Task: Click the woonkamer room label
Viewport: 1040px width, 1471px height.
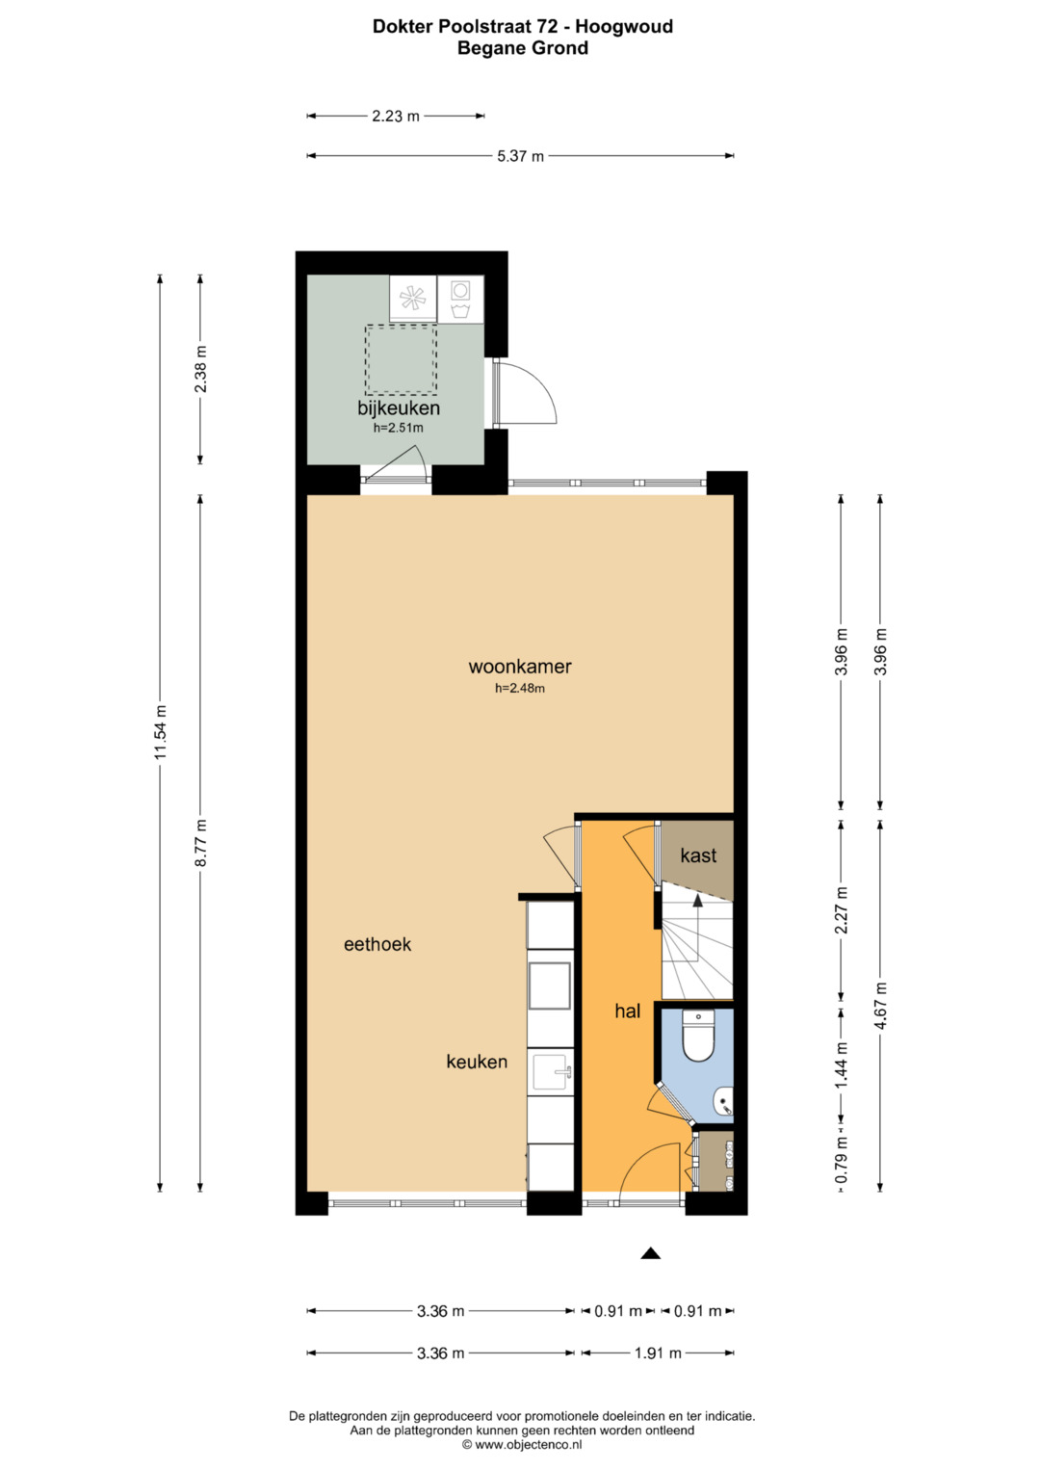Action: pyautogui.click(x=520, y=667)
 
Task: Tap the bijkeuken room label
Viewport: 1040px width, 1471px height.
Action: pyautogui.click(x=399, y=408)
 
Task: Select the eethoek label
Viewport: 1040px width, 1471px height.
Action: pyautogui.click(x=377, y=944)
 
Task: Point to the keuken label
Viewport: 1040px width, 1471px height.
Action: pyautogui.click(x=477, y=1062)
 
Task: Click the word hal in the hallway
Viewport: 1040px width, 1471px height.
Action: pyautogui.click(x=627, y=1011)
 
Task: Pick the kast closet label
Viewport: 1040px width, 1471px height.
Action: pyautogui.click(x=698, y=855)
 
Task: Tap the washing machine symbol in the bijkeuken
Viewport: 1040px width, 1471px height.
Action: pyautogui.click(x=460, y=299)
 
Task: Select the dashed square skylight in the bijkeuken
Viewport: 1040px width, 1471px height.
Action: pyautogui.click(x=402, y=359)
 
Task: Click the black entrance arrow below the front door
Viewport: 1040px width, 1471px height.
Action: pyautogui.click(x=651, y=1253)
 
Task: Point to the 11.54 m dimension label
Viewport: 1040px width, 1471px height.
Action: pyautogui.click(x=161, y=732)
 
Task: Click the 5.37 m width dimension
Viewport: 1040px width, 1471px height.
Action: pyautogui.click(x=520, y=156)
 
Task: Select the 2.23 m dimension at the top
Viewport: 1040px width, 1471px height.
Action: pyautogui.click(x=396, y=117)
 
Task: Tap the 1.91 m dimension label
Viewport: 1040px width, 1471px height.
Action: pyautogui.click(x=658, y=1353)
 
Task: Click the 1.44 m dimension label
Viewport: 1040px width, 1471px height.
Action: pyautogui.click(x=842, y=1064)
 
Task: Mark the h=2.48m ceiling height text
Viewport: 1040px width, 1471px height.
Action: pyautogui.click(x=520, y=688)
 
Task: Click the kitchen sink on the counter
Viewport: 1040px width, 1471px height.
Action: pyautogui.click(x=552, y=1072)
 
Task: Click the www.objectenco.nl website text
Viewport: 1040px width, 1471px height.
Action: pyautogui.click(x=528, y=1444)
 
